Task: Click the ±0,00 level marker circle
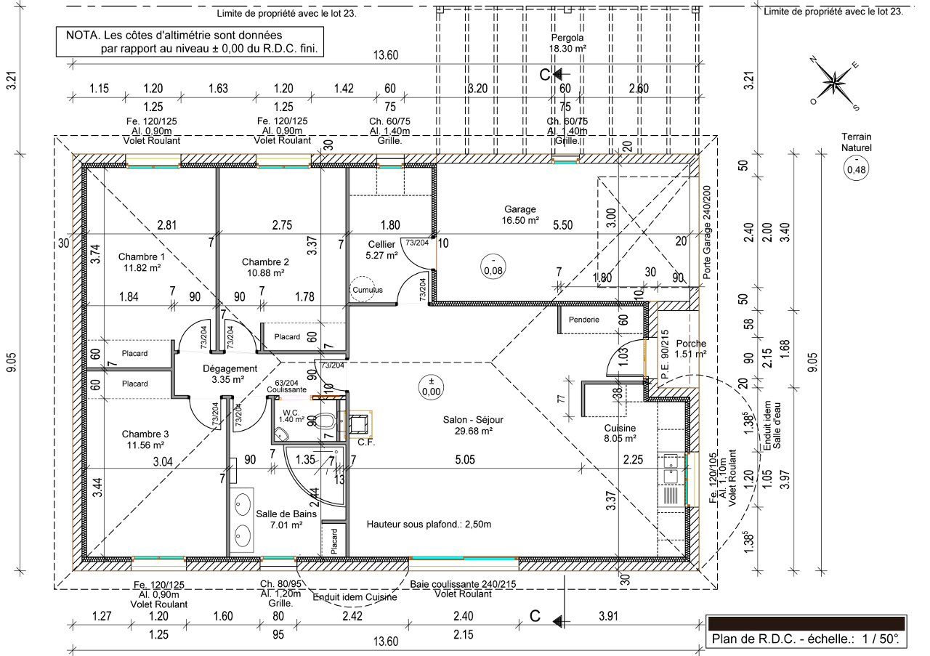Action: click(x=432, y=386)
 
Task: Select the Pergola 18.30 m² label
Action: click(x=567, y=43)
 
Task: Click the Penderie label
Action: click(x=584, y=319)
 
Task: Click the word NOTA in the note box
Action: click(x=81, y=35)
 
